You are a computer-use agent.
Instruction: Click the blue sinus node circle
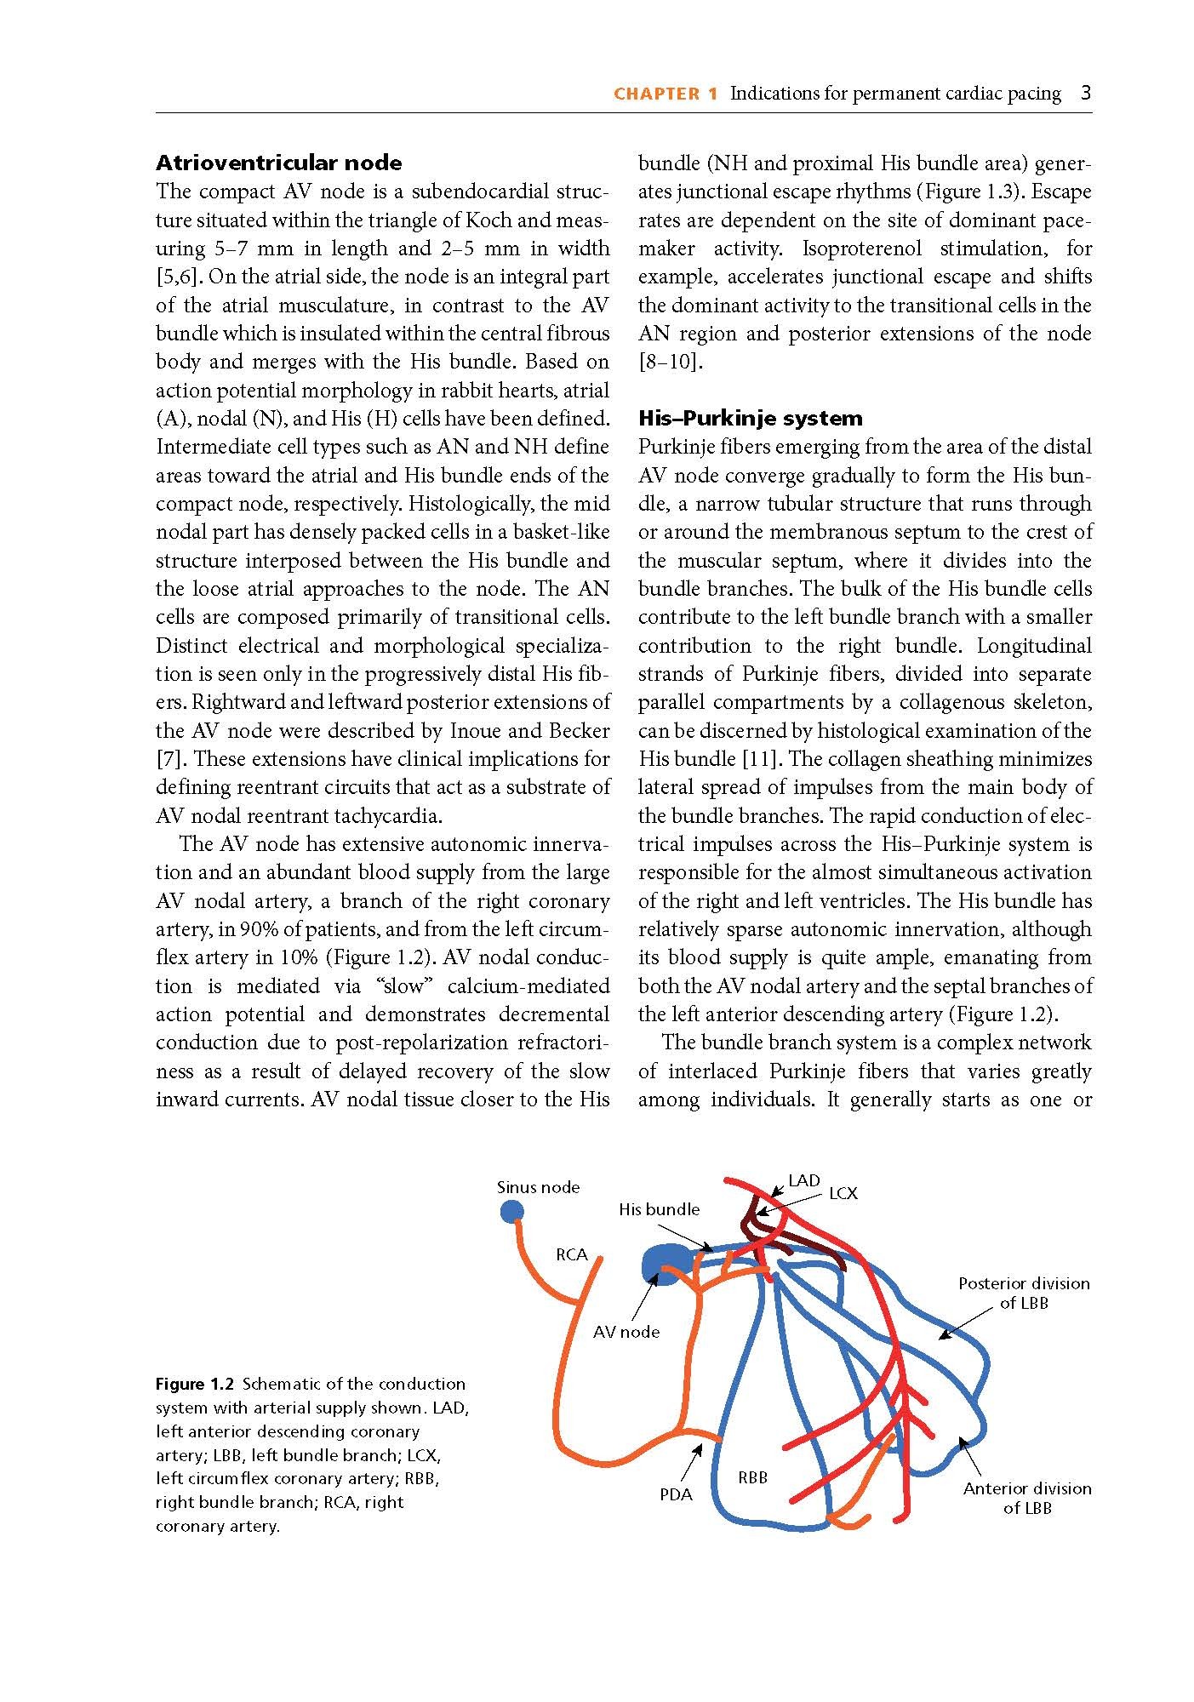pyautogui.click(x=511, y=1211)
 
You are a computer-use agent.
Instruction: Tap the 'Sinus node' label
pyautogui.click(x=538, y=1187)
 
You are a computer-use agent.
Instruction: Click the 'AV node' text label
pyautogui.click(x=626, y=1332)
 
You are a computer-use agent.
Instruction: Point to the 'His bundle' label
pyautogui.click(x=659, y=1209)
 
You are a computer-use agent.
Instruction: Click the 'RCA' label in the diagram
pyautogui.click(x=572, y=1254)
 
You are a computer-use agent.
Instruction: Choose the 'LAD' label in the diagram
pyautogui.click(x=803, y=1180)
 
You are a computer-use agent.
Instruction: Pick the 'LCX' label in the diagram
pyautogui.click(x=843, y=1194)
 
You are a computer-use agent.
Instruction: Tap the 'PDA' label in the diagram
pyautogui.click(x=676, y=1494)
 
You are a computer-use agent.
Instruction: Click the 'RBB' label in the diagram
pyautogui.click(x=752, y=1477)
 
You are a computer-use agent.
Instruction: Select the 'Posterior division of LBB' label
pyautogui.click(x=1024, y=1293)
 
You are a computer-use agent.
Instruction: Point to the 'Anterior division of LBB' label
pyautogui.click(x=1027, y=1498)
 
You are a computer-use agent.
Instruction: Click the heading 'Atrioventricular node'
pyautogui.click(x=278, y=163)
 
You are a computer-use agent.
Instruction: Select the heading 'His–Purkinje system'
pyautogui.click(x=750, y=418)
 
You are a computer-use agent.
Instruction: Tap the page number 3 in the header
pyautogui.click(x=1086, y=93)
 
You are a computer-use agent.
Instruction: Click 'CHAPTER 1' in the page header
pyautogui.click(x=666, y=94)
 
